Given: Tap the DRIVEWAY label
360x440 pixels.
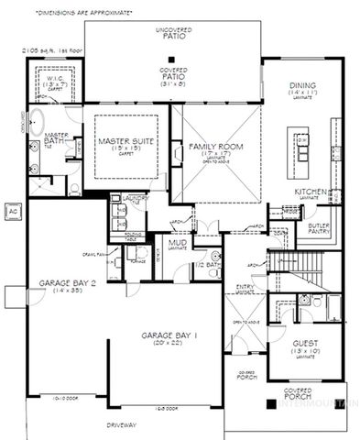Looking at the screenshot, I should click(x=121, y=424).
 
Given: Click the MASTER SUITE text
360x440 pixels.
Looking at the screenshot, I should click(x=124, y=142).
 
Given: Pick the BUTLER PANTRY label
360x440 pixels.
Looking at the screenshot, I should click(x=319, y=227).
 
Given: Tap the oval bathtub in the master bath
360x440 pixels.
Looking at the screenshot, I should click(x=37, y=122).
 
